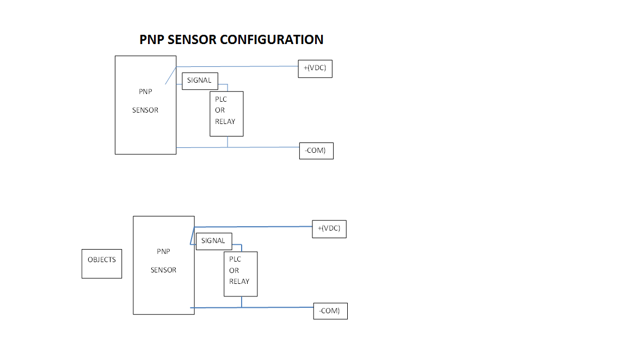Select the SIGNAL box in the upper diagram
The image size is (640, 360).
pos(200,80)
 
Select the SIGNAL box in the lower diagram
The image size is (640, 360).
pos(214,241)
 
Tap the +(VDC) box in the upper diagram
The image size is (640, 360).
pos(315,69)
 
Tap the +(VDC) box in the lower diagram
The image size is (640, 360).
pos(329,229)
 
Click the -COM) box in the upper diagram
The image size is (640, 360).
pos(316,151)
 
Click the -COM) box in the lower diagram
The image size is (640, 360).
pos(330,311)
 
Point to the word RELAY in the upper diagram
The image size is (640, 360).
pos(225,122)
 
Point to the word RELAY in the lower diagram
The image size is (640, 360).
pos(239,282)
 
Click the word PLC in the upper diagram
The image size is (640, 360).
pos(221,100)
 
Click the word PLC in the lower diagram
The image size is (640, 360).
pos(235,260)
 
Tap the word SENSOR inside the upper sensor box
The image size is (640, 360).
pos(145,110)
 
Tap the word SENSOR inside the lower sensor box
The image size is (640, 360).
pos(163,270)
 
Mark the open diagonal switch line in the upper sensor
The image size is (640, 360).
pos(170,76)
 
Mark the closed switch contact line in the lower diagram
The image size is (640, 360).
pos(192,236)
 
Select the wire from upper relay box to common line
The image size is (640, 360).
pos(227,142)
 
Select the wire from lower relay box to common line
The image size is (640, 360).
pos(242,302)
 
